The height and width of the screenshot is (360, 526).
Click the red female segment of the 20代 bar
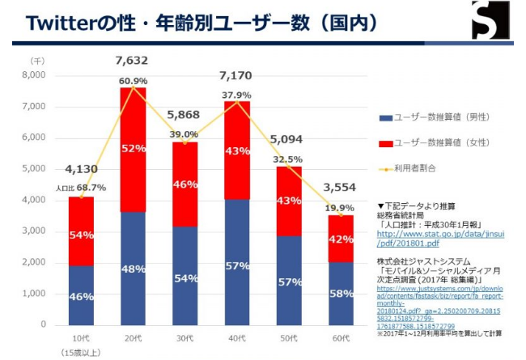point(132,150)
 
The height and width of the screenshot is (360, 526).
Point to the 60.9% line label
point(133,81)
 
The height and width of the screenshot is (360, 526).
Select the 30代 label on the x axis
point(185,337)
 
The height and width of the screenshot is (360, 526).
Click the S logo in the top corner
point(493,20)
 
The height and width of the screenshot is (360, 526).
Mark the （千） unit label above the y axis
point(37,61)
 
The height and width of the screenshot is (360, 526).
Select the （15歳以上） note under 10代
point(79,352)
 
